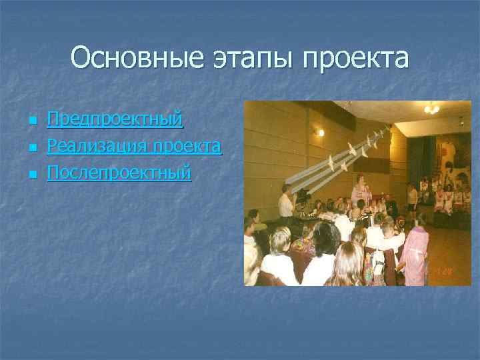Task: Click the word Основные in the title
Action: pos(130,59)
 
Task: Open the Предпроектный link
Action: pos(115,119)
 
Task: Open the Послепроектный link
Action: pos(119,173)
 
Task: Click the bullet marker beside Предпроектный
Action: pos(32,121)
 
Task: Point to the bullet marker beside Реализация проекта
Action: pos(32,147)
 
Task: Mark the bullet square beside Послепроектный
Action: pos(32,174)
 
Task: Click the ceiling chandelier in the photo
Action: pos(432,107)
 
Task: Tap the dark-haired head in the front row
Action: pos(325,237)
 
